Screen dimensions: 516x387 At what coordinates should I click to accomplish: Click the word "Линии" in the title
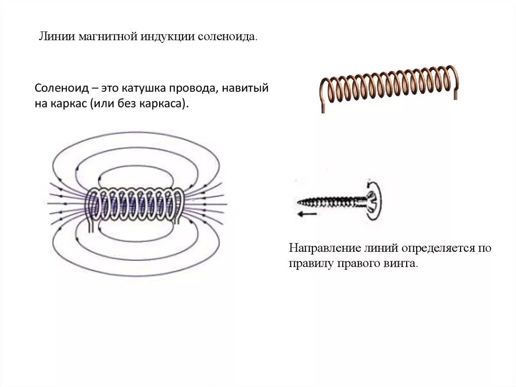[x=56, y=38]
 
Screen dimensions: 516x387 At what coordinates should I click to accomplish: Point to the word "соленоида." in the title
[x=228, y=38]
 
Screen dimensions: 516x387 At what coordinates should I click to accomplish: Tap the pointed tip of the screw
[x=298, y=203]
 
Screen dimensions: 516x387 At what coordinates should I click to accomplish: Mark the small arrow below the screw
[x=307, y=214]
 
